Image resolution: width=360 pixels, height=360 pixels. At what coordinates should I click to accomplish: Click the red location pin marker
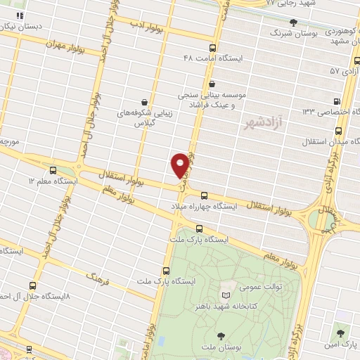[x=181, y=165]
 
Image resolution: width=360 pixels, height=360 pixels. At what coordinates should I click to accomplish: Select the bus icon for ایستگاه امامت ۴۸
[x=213, y=48]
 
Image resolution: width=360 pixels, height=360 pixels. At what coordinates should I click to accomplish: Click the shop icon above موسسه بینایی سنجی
[x=212, y=84]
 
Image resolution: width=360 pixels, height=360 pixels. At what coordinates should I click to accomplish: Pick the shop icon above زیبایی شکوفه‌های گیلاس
[x=144, y=103]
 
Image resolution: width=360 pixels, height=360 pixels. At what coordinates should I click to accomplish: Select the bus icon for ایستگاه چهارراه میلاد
[x=204, y=196]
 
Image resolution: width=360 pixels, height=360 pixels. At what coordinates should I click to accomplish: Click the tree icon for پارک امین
[x=342, y=331]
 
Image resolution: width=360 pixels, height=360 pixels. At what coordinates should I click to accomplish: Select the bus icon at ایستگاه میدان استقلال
[x=339, y=131]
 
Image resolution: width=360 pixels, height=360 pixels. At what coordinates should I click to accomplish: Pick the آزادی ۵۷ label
[x=344, y=71]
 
